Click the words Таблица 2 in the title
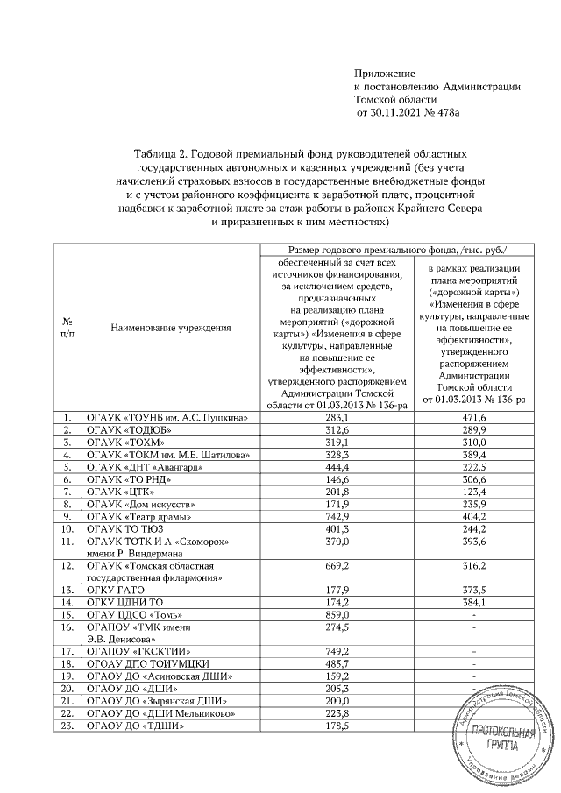tap(162, 154)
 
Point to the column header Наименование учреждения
tap(171, 329)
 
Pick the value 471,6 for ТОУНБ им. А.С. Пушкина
tap(473, 418)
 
